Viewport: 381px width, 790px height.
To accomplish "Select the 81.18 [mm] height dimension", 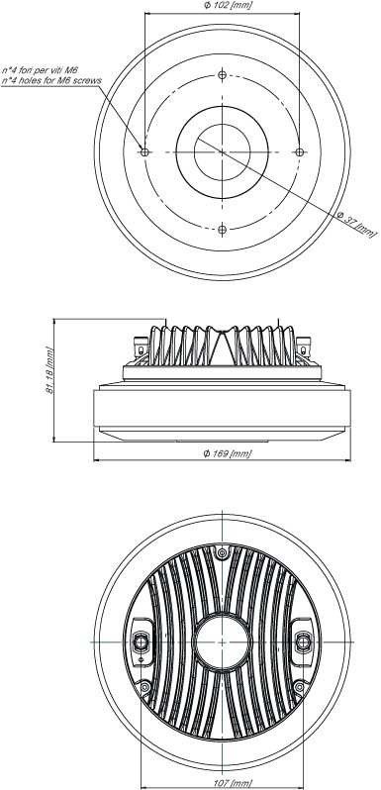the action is click(x=48, y=370).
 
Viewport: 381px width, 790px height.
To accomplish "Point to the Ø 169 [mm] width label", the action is click(x=228, y=453).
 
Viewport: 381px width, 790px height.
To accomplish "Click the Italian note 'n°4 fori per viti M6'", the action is click(x=41, y=70).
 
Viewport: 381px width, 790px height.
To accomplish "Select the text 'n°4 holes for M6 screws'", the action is click(x=51, y=80).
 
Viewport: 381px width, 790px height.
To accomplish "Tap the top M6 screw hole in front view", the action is click(x=223, y=74).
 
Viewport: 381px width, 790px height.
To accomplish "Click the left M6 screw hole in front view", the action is click(x=145, y=152).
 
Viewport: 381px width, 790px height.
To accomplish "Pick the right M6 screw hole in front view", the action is click(x=299, y=152).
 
